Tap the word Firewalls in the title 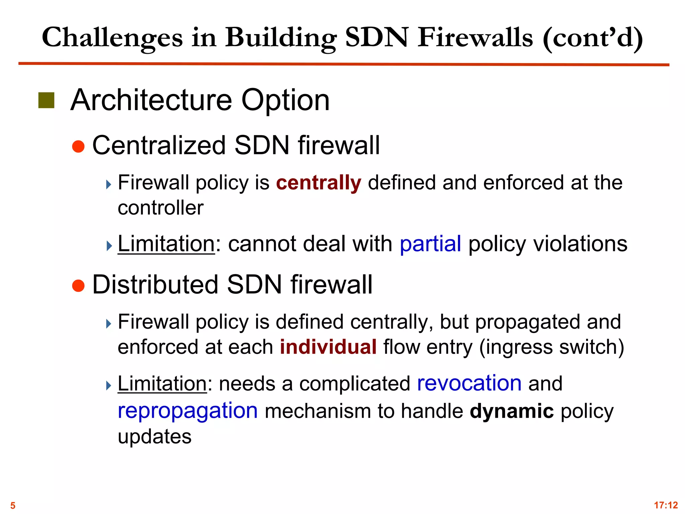point(475,37)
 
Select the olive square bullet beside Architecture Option point(46,100)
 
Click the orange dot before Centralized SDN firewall point(78,146)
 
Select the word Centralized point(159,146)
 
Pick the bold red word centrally point(318,183)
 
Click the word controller point(161,208)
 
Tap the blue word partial point(430,244)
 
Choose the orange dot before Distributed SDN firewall point(78,285)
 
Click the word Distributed point(155,285)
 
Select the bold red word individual point(328,347)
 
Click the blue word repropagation point(188,411)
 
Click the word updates point(155,436)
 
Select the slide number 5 point(13,505)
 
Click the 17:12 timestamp point(666,505)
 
